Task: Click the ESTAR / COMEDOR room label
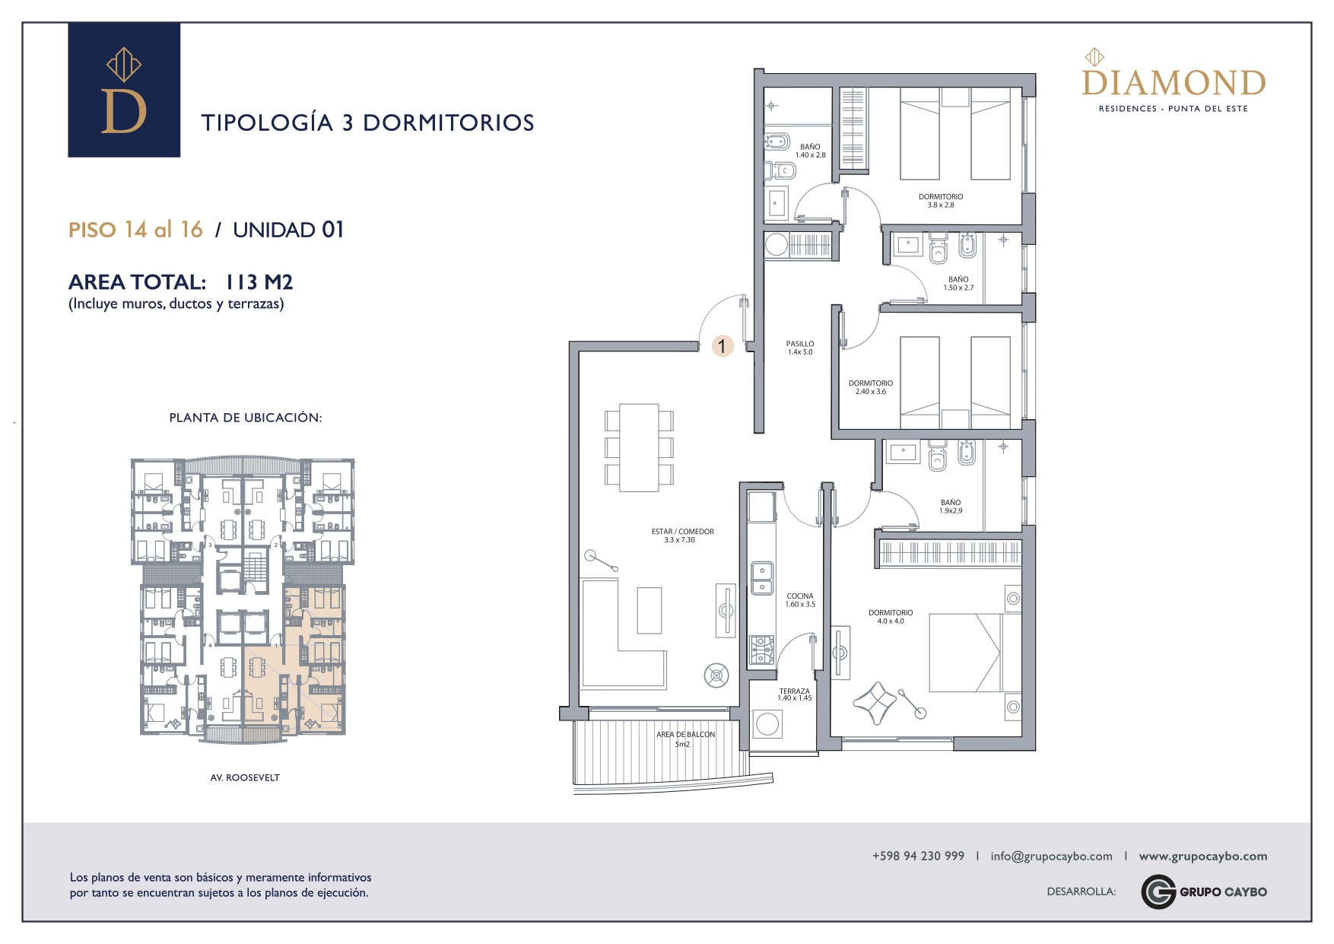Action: [x=682, y=536]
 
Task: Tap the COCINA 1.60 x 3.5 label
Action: [x=800, y=600]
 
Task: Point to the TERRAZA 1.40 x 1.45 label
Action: [x=795, y=694]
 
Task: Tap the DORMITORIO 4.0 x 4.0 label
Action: [x=891, y=617]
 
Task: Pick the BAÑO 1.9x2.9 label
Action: [x=951, y=507]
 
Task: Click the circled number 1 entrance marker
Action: [x=722, y=346]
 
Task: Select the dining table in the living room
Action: [x=639, y=447]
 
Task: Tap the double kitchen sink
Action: [x=762, y=578]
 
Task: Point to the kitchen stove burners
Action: [x=762, y=650]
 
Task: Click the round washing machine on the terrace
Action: [x=767, y=724]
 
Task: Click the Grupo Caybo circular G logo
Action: [x=1158, y=892]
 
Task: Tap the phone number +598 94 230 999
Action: [x=918, y=856]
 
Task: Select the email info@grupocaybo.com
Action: [x=1051, y=857]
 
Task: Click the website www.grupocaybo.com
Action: [x=1203, y=857]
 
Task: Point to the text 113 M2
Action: [x=259, y=282]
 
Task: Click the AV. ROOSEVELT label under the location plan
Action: [x=245, y=777]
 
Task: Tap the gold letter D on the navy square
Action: [x=123, y=111]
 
